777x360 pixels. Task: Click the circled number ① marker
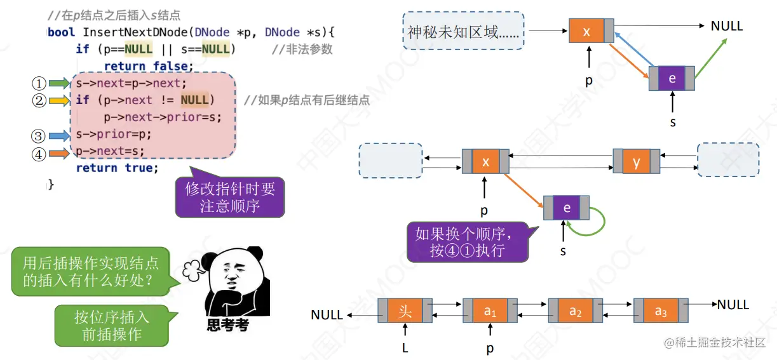[39, 83]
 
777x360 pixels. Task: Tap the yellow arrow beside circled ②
[58, 100]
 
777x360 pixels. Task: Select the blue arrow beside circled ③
[58, 135]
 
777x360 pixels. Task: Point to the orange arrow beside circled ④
[58, 152]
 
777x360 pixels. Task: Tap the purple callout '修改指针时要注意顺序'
[229, 197]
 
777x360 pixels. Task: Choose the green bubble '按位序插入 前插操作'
[112, 326]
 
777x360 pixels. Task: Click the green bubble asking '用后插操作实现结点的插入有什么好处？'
[91, 272]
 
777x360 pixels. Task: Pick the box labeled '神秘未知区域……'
[463, 30]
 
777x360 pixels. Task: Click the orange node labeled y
[637, 162]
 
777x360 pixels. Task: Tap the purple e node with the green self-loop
[566, 208]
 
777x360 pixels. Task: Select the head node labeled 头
[405, 312]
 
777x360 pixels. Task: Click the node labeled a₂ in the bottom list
[575, 312]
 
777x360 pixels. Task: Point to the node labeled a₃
[661, 312]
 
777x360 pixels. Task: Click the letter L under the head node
[405, 348]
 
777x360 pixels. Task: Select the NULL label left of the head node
[327, 315]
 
